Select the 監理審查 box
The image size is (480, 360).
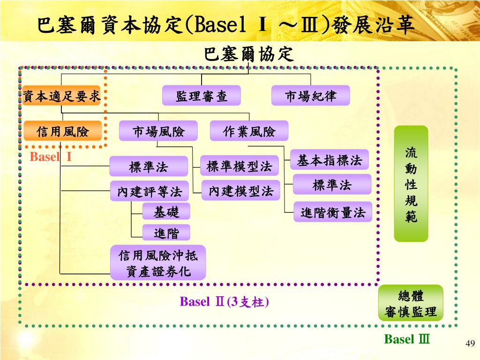pyautogui.click(x=202, y=96)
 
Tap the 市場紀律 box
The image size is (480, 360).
pyautogui.click(x=310, y=96)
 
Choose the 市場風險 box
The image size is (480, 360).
pyautogui.click(x=158, y=132)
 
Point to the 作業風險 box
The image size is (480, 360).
pyautogui.click(x=249, y=132)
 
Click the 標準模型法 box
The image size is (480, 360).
pyautogui.click(x=240, y=166)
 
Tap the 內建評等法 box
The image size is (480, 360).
pyautogui.click(x=149, y=191)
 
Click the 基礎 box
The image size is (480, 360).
pyautogui.click(x=166, y=212)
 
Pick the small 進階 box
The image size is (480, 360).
pyautogui.click(x=166, y=232)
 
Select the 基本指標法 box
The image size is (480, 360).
pyautogui.click(x=329, y=160)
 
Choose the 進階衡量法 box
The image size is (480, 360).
pyautogui.click(x=332, y=212)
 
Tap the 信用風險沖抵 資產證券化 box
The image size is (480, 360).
pyautogui.click(x=158, y=263)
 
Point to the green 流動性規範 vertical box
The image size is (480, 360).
pyautogui.click(x=411, y=184)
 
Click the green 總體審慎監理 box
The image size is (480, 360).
pyautogui.click(x=411, y=303)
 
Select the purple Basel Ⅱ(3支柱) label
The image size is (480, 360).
pyautogui.click(x=225, y=301)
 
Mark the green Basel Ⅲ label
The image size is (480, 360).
pyautogui.click(x=406, y=339)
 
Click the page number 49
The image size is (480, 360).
pyautogui.click(x=470, y=345)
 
